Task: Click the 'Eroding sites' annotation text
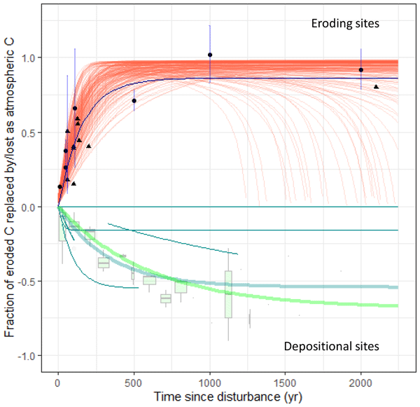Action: pos(345,24)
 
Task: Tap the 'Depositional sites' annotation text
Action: pos(331,347)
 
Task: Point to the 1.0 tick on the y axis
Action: pos(42,57)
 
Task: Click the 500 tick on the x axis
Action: pos(134,384)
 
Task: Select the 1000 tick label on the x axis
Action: pos(209,384)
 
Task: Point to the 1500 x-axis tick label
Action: pos(285,384)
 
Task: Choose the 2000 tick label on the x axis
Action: pos(360,384)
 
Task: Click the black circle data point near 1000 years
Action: pos(210,55)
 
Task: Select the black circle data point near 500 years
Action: pos(134,101)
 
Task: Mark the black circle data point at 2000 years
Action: pos(360,69)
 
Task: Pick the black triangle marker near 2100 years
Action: pos(376,87)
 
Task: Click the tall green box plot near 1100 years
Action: pos(228,294)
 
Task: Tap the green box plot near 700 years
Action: pos(165,298)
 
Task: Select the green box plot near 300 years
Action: pos(104,263)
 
